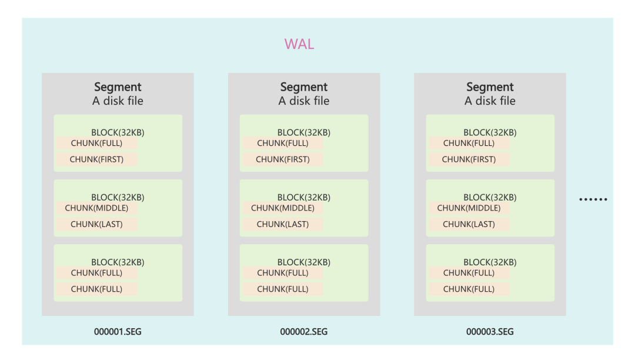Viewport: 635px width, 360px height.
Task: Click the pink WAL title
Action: (x=299, y=44)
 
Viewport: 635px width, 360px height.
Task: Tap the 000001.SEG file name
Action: (x=118, y=332)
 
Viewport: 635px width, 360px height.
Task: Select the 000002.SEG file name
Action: (x=304, y=332)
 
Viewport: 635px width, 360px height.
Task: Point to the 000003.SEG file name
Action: (x=490, y=332)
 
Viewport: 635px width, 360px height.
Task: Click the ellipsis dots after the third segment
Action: (x=593, y=199)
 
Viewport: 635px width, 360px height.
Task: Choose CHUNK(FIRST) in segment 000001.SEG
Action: (x=96, y=159)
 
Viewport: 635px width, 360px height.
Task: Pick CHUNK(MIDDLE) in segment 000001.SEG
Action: (x=96, y=208)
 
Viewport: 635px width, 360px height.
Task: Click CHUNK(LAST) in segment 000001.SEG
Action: (x=96, y=224)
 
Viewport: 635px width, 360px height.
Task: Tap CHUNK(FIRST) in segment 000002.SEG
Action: (x=283, y=159)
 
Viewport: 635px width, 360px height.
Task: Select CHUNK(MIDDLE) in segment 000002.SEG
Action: (x=283, y=208)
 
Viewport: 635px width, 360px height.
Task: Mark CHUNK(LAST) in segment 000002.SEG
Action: (x=283, y=224)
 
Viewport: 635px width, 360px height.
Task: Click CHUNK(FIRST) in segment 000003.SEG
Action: (x=469, y=159)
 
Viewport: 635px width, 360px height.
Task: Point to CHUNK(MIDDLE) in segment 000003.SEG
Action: (x=469, y=208)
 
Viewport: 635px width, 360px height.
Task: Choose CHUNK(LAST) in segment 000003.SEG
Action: (x=469, y=224)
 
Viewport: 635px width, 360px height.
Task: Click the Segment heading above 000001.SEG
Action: (x=118, y=87)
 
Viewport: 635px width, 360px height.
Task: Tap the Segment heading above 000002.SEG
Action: (x=304, y=87)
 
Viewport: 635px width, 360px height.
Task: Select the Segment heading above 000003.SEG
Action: (x=490, y=87)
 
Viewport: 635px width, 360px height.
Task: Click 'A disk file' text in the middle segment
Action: (x=304, y=101)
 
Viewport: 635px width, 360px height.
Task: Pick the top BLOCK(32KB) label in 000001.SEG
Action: (x=118, y=132)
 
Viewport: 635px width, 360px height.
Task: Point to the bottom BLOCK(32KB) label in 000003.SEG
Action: (x=490, y=262)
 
